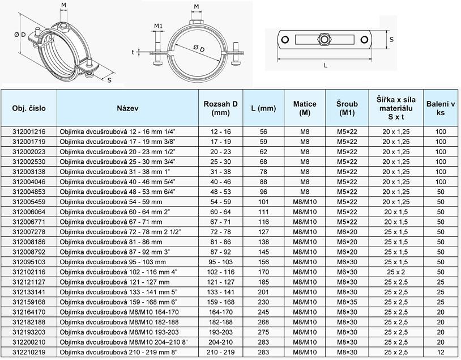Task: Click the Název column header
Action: pyautogui.click(x=127, y=108)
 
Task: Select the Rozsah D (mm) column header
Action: pyautogui.click(x=220, y=108)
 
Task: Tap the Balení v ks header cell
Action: pyautogui.click(x=441, y=108)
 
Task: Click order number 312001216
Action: pyautogui.click(x=29, y=132)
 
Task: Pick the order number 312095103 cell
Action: pyautogui.click(x=29, y=262)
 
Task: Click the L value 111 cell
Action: pyautogui.click(x=263, y=212)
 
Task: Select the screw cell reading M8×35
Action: pyautogui.click(x=347, y=302)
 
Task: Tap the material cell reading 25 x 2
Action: pyautogui.click(x=396, y=272)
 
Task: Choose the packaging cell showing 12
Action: pyautogui.click(x=441, y=352)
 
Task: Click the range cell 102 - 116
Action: pyautogui.click(x=220, y=272)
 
